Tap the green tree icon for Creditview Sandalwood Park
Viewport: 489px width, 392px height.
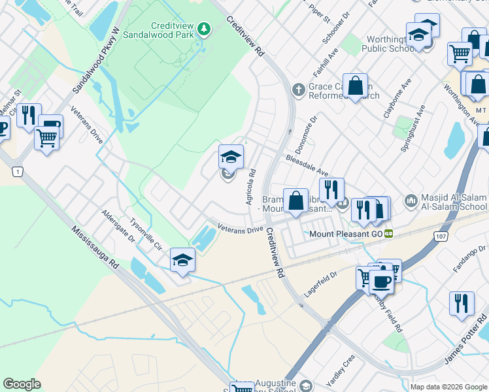(205, 29)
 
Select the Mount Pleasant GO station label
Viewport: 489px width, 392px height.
(346, 233)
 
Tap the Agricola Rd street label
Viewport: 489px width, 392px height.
(250, 188)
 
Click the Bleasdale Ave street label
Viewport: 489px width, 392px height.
(306, 166)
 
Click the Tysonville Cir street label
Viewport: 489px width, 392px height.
(145, 235)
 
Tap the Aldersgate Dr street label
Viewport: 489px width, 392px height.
(118, 227)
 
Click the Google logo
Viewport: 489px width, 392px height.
(22, 384)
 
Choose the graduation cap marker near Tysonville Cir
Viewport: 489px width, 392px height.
(182, 261)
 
